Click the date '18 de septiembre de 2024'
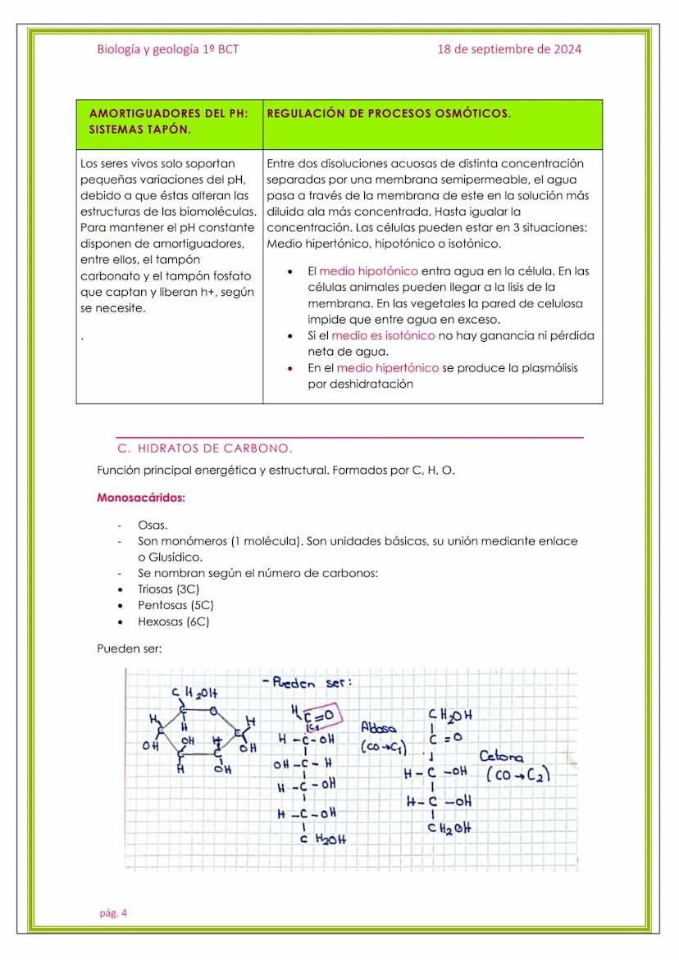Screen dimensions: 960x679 [x=509, y=49]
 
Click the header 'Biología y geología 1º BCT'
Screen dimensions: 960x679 [x=168, y=49]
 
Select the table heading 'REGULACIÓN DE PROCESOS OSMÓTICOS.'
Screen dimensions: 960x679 [x=389, y=114]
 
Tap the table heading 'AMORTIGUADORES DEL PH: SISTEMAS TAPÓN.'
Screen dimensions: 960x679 [x=168, y=121]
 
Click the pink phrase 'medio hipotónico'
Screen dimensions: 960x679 [x=368, y=271]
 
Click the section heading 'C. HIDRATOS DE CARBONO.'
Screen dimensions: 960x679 [x=205, y=449]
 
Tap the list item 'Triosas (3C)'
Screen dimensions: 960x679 [x=168, y=589]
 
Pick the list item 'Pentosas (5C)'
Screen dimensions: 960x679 [x=175, y=606]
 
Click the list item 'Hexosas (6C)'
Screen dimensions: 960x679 [x=173, y=622]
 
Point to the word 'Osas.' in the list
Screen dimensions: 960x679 [x=153, y=525]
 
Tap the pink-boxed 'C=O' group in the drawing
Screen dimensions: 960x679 [x=321, y=715]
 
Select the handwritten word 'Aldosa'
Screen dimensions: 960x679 [x=378, y=727]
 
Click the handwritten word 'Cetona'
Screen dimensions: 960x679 [x=501, y=756]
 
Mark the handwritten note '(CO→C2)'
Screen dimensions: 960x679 [x=517, y=775]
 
